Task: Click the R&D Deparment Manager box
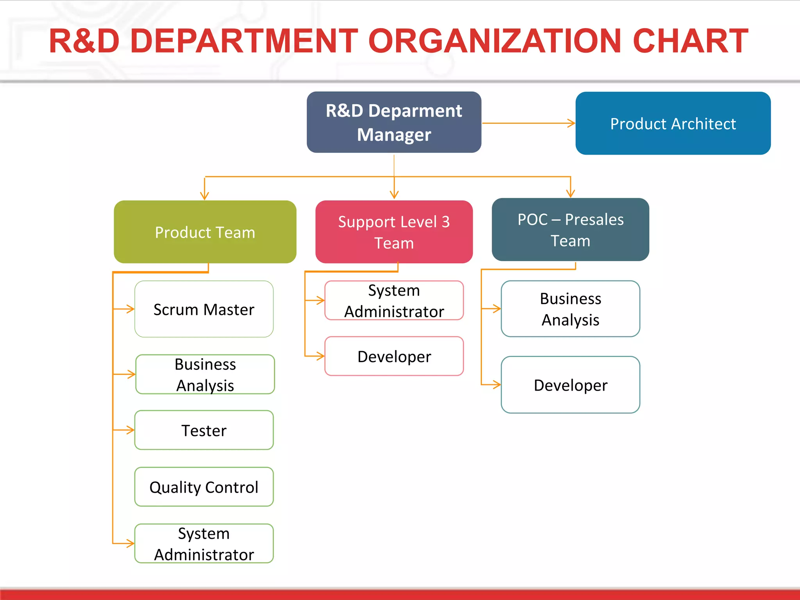pyautogui.click(x=394, y=122)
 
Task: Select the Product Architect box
pyautogui.click(x=673, y=123)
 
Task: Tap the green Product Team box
pyautogui.click(x=205, y=232)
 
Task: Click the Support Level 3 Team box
pyautogui.click(x=394, y=232)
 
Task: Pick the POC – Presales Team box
pyautogui.click(x=570, y=230)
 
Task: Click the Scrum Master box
pyautogui.click(x=204, y=309)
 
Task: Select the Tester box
pyautogui.click(x=204, y=430)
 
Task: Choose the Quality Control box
pyautogui.click(x=204, y=487)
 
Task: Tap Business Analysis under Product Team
pyautogui.click(x=205, y=374)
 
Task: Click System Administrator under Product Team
pyautogui.click(x=204, y=543)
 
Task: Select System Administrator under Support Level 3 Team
pyautogui.click(x=394, y=300)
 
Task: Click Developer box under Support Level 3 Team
pyautogui.click(x=394, y=356)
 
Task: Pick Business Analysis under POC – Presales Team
pyautogui.click(x=570, y=309)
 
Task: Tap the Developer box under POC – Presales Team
pyautogui.click(x=570, y=385)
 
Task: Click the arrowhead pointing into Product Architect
pyautogui.click(x=572, y=123)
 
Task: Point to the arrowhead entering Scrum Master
pyautogui.click(x=131, y=309)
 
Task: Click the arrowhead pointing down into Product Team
pyautogui.click(x=204, y=196)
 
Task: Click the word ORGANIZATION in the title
pyautogui.click(x=495, y=41)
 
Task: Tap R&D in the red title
pyautogui.click(x=84, y=41)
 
